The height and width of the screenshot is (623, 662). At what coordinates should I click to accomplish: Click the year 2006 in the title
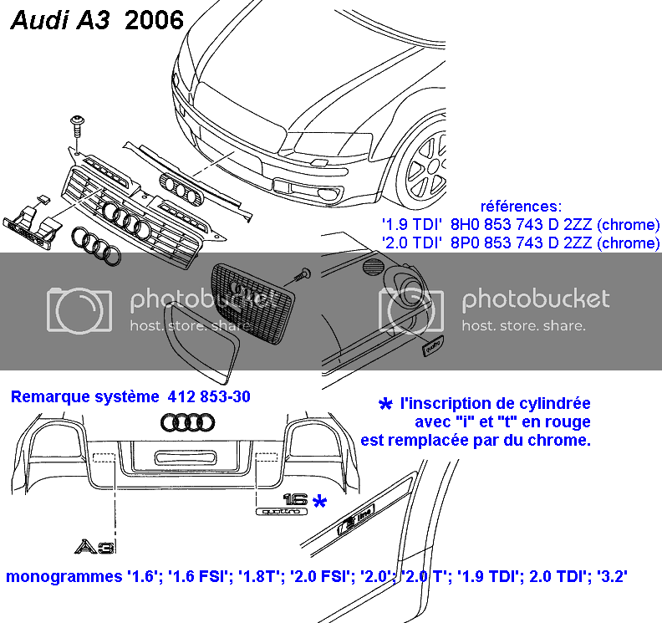point(154,19)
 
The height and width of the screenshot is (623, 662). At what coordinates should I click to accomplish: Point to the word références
point(522,206)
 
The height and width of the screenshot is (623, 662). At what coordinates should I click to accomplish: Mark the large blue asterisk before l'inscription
point(385,405)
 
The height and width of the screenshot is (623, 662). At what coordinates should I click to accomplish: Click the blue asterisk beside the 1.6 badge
point(319,501)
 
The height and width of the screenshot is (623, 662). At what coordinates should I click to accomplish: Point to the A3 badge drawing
point(93,547)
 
